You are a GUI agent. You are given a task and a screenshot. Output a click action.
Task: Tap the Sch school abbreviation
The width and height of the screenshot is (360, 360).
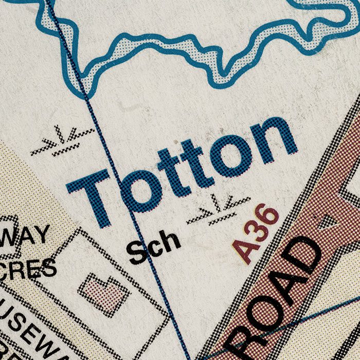click(154, 247)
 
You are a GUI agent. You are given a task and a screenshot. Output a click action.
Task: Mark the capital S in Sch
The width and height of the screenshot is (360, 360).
click(137, 253)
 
